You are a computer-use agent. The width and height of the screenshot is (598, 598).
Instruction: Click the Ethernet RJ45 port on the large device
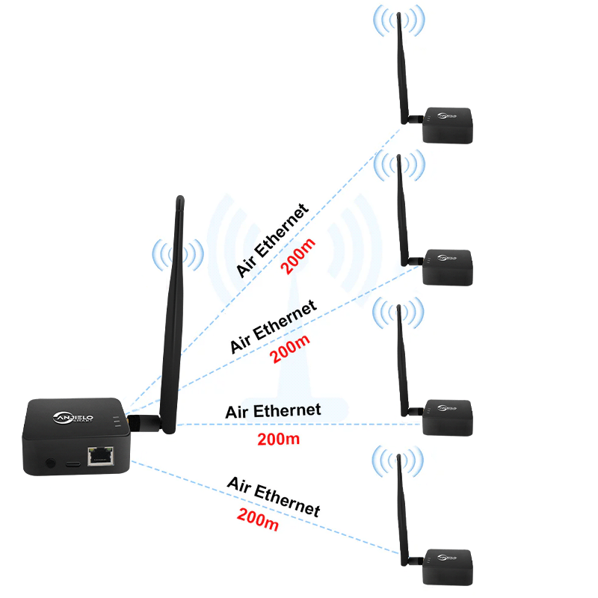point(99,456)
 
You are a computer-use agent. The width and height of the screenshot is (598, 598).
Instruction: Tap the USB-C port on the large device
point(73,463)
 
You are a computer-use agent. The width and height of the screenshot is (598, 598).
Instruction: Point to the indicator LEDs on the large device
point(117,423)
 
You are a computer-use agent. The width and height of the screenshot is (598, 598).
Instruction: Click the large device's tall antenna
point(173,314)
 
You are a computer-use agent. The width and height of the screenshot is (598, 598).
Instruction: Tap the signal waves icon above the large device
point(178,256)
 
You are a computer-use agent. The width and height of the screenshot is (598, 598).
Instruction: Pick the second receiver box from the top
point(449,266)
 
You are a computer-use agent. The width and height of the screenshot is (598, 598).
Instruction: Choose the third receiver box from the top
point(449,417)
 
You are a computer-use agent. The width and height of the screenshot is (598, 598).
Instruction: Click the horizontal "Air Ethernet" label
point(273,410)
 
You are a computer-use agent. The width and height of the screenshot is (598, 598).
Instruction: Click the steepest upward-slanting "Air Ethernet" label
point(272,240)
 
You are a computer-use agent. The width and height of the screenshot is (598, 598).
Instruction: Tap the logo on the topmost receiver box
point(446,115)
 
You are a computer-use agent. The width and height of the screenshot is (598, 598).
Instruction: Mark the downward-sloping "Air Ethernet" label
point(273,496)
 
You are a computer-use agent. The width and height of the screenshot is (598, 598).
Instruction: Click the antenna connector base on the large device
point(140,422)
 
